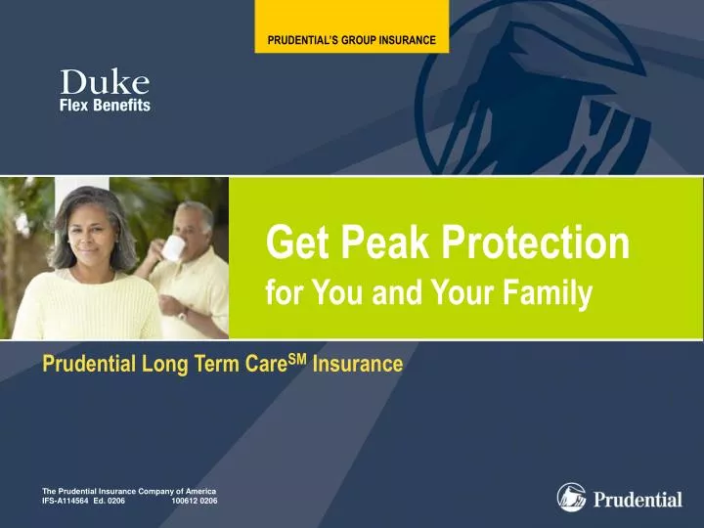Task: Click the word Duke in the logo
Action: pos(105,84)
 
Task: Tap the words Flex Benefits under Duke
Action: pos(105,106)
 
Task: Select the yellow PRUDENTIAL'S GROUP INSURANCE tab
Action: pos(352,41)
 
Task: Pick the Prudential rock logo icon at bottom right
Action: pos(571,497)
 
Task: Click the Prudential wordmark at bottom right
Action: pos(638,500)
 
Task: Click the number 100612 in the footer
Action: pos(184,501)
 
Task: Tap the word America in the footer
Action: pos(200,491)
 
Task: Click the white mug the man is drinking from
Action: pos(173,248)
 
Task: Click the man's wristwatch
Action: pos(183,315)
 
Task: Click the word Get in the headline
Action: pos(289,243)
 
